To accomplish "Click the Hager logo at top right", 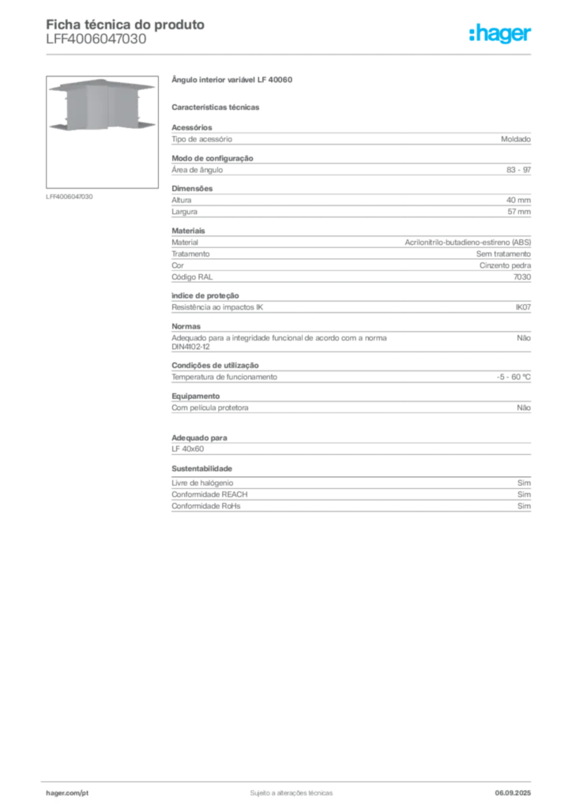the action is pos(500,34).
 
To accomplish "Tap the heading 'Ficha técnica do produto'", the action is pos(126,24).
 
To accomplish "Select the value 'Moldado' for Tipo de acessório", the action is pos(516,139).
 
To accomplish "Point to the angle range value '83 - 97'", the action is pos(518,170).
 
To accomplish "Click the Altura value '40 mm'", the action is pos(518,200).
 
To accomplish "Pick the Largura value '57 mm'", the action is pos(519,212).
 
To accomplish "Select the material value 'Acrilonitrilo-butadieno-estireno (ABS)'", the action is pos(468,242).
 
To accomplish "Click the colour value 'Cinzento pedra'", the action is pos(505,265).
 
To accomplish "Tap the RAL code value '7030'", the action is pos(522,277).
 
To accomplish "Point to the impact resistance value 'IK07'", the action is pos(523,307).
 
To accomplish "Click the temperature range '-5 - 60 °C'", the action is pos(514,377).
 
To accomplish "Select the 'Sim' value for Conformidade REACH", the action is pos(524,495).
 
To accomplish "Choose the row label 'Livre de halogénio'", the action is pos(202,483).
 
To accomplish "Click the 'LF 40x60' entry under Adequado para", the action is pos(188,449).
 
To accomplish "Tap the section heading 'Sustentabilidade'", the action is pos(201,468).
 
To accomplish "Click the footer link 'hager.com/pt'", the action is pos(67,793).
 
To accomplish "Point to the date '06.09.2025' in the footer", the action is pos(513,793).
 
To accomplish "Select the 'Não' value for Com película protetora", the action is pos(524,408).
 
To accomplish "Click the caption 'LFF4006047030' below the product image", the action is pos(69,197).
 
